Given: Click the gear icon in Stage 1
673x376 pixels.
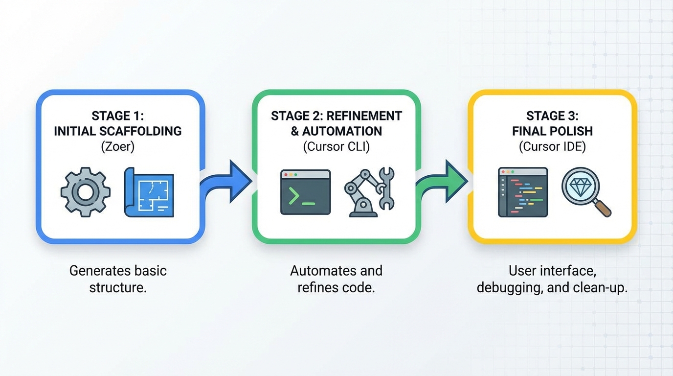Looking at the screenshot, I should coord(85,192).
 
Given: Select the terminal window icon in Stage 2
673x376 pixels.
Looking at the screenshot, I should coord(305,192).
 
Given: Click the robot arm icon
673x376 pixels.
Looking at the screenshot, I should coord(360,193).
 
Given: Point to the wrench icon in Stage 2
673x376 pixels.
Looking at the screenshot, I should coord(387,188).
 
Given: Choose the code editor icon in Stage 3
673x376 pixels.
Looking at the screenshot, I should coord(523,192).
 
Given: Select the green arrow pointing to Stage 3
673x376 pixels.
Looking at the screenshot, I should coord(443,181).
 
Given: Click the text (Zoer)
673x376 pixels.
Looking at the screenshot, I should coord(117,146).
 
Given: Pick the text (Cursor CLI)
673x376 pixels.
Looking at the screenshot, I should coord(336,146).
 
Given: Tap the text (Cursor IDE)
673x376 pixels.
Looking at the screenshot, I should coord(552,146).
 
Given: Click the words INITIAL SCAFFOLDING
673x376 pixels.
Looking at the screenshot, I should coord(117,131).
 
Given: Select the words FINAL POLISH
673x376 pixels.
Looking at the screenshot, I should coord(552,131).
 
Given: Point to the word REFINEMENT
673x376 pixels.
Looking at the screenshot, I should coord(364,116).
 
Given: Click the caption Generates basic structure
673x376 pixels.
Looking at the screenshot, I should coord(118,279).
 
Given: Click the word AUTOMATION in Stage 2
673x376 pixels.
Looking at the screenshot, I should coord(342,131).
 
